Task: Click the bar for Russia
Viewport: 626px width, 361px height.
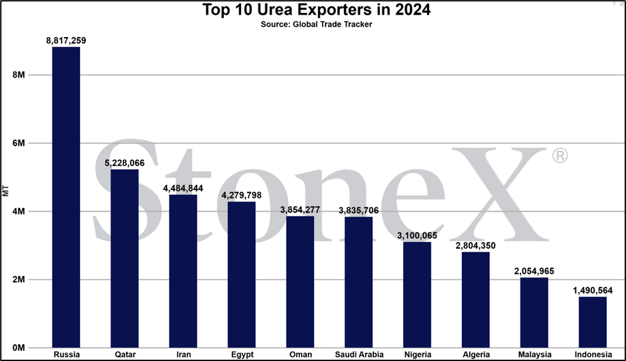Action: [x=66, y=197]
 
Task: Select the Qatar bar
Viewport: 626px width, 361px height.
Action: [x=125, y=258]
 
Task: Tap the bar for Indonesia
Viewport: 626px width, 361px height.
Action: [x=593, y=322]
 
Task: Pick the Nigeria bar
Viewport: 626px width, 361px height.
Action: [x=417, y=294]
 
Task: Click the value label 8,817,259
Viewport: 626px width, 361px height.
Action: [x=66, y=40]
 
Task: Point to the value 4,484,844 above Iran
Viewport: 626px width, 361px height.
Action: [x=183, y=188]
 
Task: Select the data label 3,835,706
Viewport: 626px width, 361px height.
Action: [x=359, y=211]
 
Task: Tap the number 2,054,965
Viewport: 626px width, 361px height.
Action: [x=534, y=271]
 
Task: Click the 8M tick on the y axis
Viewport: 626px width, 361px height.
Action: [x=19, y=75]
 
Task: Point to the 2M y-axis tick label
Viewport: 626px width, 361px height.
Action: [x=19, y=280]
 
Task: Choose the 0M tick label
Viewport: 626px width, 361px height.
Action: [x=19, y=348]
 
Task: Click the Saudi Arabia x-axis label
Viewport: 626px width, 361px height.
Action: [x=359, y=354]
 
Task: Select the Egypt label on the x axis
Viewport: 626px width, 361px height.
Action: [x=242, y=355]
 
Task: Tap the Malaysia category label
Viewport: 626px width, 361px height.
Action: [x=535, y=355]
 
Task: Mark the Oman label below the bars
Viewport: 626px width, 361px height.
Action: [x=301, y=354]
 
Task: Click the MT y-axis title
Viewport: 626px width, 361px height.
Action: [x=5, y=191]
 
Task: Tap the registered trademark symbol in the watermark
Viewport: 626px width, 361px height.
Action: [x=559, y=156]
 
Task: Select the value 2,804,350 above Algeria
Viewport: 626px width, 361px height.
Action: [x=476, y=245]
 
